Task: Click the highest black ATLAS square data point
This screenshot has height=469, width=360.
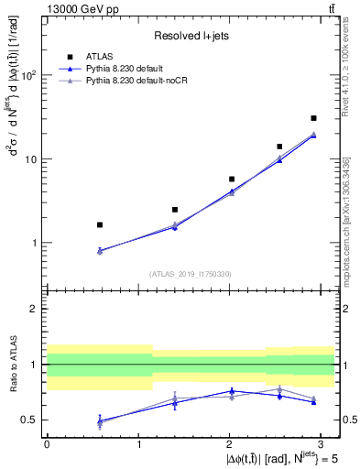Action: (313, 118)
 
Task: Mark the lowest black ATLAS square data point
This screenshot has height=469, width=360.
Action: (100, 224)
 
